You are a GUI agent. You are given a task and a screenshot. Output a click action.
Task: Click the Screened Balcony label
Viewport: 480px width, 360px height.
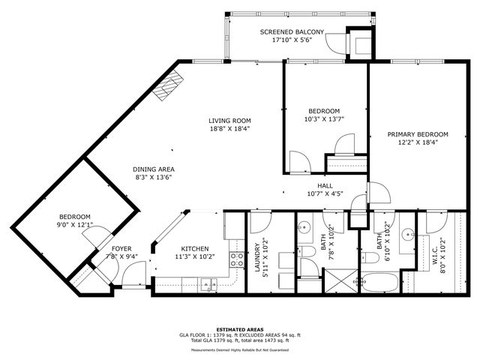(292, 32)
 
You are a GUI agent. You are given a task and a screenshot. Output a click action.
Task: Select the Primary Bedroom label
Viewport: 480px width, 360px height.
(417, 134)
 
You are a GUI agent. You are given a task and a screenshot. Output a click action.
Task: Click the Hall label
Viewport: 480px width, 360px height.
(325, 185)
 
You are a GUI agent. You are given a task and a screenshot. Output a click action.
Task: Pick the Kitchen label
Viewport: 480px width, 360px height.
(194, 249)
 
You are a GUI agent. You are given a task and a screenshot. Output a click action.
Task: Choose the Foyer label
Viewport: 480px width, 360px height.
(121, 249)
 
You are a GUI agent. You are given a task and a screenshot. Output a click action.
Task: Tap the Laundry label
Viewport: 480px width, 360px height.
(256, 259)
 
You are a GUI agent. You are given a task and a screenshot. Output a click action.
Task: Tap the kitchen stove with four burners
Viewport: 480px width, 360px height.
(236, 259)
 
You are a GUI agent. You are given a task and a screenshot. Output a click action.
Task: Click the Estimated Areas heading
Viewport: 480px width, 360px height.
(239, 328)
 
